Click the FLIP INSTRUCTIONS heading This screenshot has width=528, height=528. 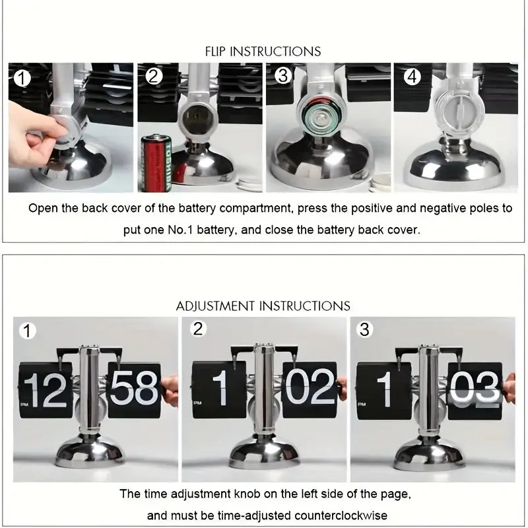point(263,51)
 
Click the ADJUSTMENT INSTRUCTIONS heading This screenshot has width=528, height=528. point(263,306)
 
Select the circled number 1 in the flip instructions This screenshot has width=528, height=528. point(22,79)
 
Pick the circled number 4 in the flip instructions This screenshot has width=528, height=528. point(412,77)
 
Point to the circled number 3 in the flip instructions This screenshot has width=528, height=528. point(283,76)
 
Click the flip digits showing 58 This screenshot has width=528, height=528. point(134,389)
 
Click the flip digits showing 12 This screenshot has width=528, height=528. point(46,389)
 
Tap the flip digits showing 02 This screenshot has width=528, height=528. point(310,389)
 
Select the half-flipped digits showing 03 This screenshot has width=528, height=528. point(475,389)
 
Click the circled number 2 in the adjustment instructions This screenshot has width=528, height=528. point(197,329)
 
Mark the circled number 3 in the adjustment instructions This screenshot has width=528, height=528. point(364,329)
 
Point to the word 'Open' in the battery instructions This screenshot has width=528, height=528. point(42,209)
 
